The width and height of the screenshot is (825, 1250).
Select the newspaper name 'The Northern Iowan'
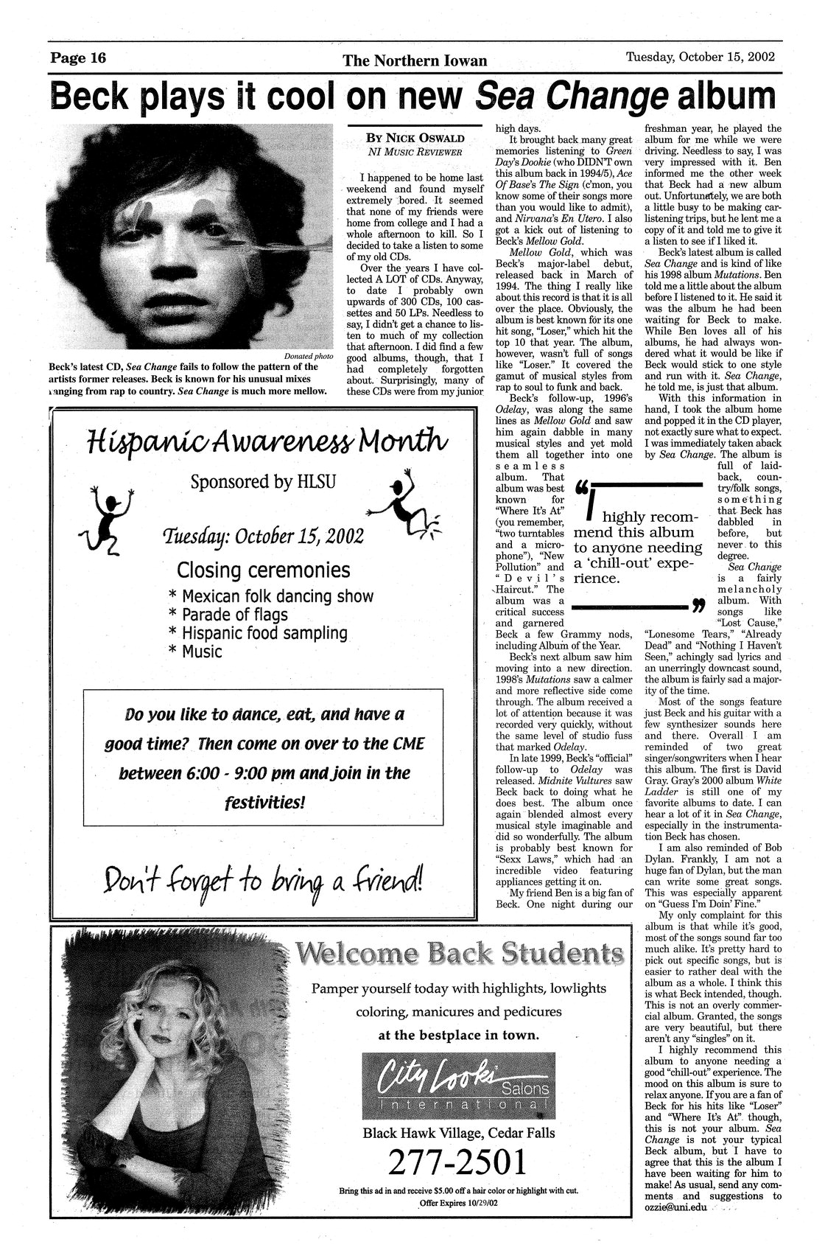[x=415, y=61]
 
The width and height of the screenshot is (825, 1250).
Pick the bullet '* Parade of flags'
[x=228, y=614]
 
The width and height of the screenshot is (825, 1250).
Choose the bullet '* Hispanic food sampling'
[x=257, y=633]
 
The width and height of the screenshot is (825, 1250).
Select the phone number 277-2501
[x=458, y=1162]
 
